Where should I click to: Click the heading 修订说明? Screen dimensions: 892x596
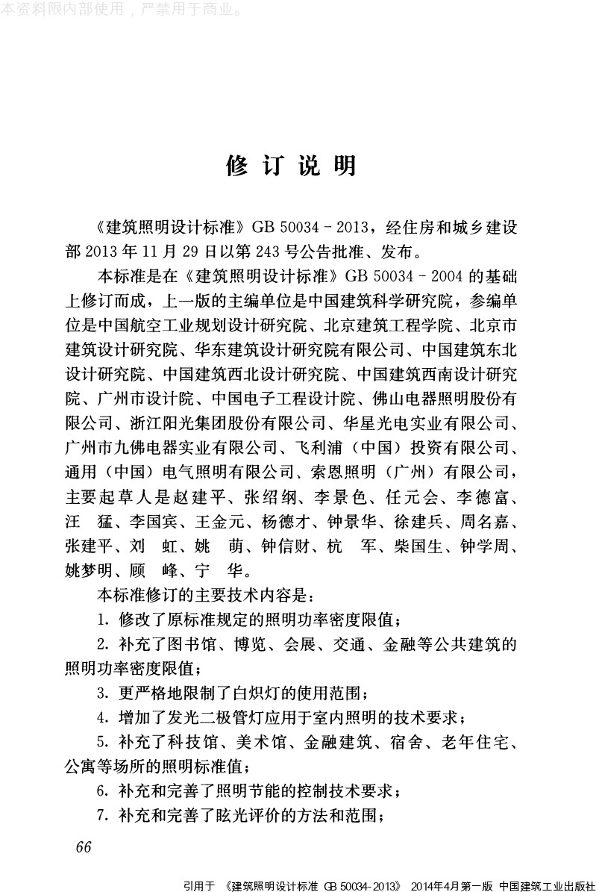(291, 166)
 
